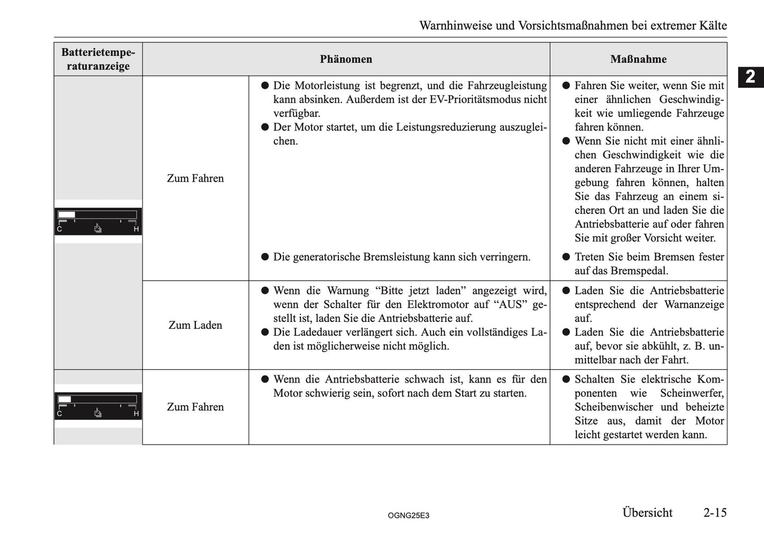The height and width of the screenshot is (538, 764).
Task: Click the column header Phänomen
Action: pos(346,59)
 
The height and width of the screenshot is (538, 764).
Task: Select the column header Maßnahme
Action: pos(638,59)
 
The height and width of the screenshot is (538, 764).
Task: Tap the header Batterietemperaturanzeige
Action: pos(98,59)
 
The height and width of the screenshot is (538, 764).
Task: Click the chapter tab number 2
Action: pos(750,77)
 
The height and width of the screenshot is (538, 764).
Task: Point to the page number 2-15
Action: pos(715,513)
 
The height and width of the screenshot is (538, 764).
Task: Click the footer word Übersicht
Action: pos(647,513)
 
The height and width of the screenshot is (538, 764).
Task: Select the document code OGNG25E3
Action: pos(408,515)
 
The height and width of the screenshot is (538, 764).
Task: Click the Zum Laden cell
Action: pos(195,325)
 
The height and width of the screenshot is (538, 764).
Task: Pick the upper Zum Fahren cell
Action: pos(195,178)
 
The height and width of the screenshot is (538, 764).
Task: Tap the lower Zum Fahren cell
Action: pos(195,407)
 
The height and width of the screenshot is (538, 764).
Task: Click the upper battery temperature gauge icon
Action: pos(98,221)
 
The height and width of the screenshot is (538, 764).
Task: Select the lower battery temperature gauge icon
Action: pos(98,406)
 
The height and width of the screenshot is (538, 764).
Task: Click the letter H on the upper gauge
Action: pos(136,229)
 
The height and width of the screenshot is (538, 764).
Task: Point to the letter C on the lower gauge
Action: pos(59,414)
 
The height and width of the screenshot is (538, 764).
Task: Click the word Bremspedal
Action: pos(640,271)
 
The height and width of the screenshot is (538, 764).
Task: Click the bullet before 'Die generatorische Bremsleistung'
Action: pos(265,257)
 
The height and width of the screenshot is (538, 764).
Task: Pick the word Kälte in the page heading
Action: pos(712,25)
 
